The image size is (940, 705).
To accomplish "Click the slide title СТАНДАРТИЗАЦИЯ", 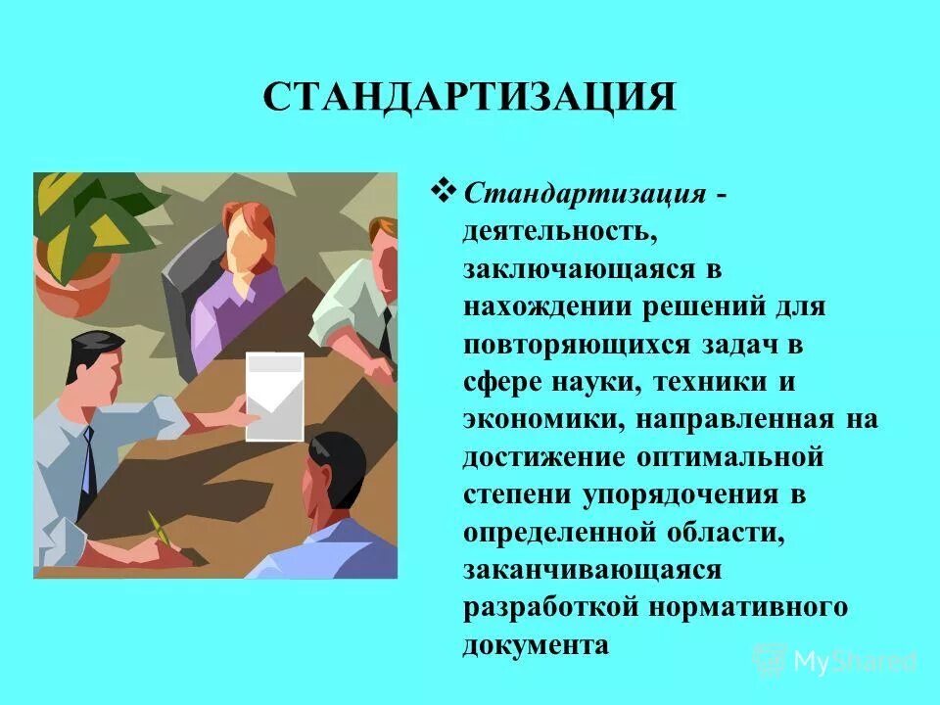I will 470,98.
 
